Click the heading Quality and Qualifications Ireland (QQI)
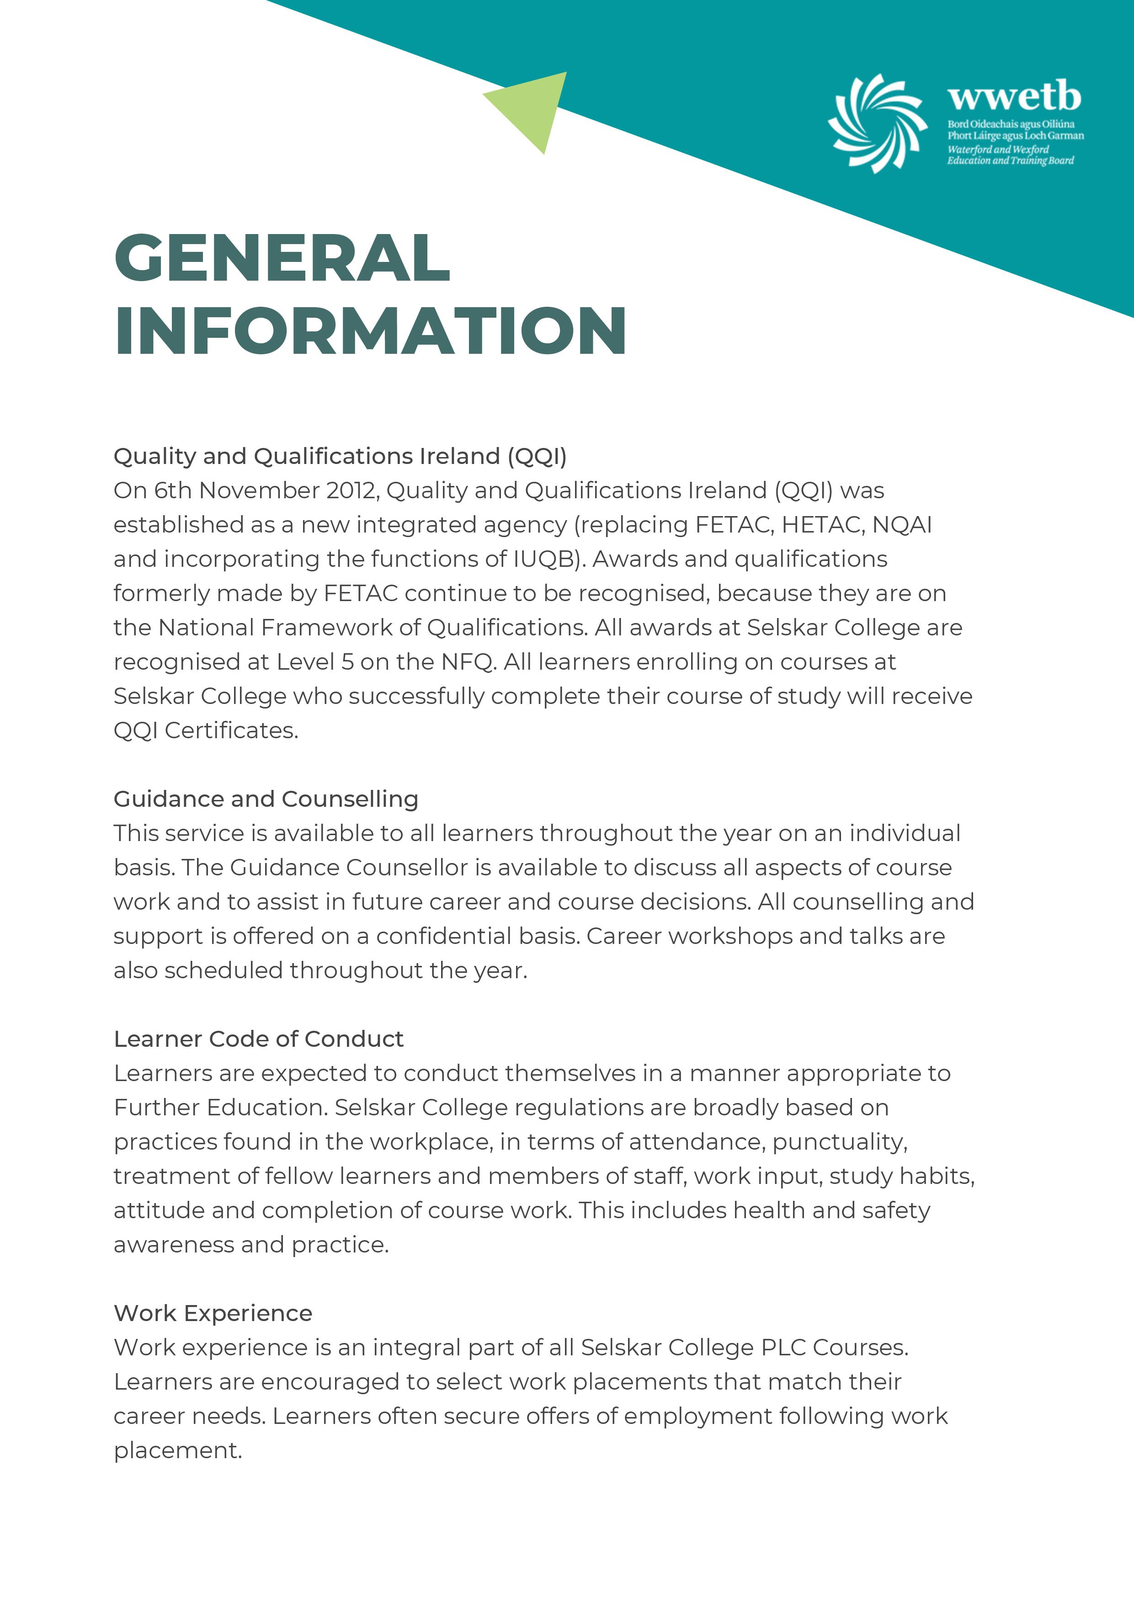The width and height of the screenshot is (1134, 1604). tap(340, 456)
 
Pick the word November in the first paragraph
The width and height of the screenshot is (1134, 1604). tap(259, 490)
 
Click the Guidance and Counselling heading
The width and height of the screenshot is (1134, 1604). tap(266, 799)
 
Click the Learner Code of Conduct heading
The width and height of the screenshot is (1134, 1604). tap(259, 1039)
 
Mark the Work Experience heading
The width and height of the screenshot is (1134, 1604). tap(213, 1313)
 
